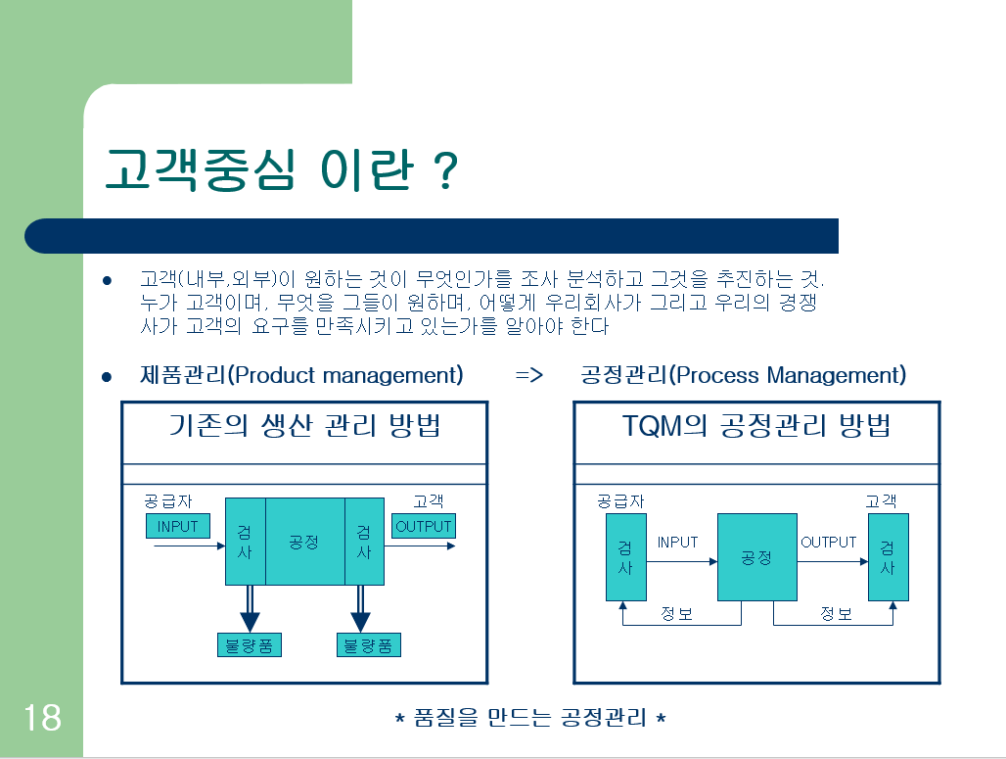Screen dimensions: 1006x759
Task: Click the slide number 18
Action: [41, 718]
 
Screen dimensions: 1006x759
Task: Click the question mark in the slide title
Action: [443, 170]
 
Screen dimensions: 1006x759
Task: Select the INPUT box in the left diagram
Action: [177, 527]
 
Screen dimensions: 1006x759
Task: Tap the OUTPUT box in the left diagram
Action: [424, 527]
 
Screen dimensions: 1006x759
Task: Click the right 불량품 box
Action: [368, 645]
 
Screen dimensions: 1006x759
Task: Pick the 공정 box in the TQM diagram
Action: [756, 557]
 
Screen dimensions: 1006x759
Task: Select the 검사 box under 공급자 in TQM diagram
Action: [625, 557]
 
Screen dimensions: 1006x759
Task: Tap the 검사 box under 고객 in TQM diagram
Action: [888, 557]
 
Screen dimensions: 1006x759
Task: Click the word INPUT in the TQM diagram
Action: [677, 543]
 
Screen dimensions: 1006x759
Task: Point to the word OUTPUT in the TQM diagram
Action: [828, 543]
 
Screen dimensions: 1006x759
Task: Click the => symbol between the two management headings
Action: [528, 376]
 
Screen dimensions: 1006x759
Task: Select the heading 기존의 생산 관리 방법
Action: [304, 427]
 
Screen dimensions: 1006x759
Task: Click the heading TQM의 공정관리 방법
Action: [756, 427]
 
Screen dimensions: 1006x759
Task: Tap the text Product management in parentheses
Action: [344, 376]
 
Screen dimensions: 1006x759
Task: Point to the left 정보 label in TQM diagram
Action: [676, 615]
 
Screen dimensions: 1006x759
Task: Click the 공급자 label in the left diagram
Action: [168, 501]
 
